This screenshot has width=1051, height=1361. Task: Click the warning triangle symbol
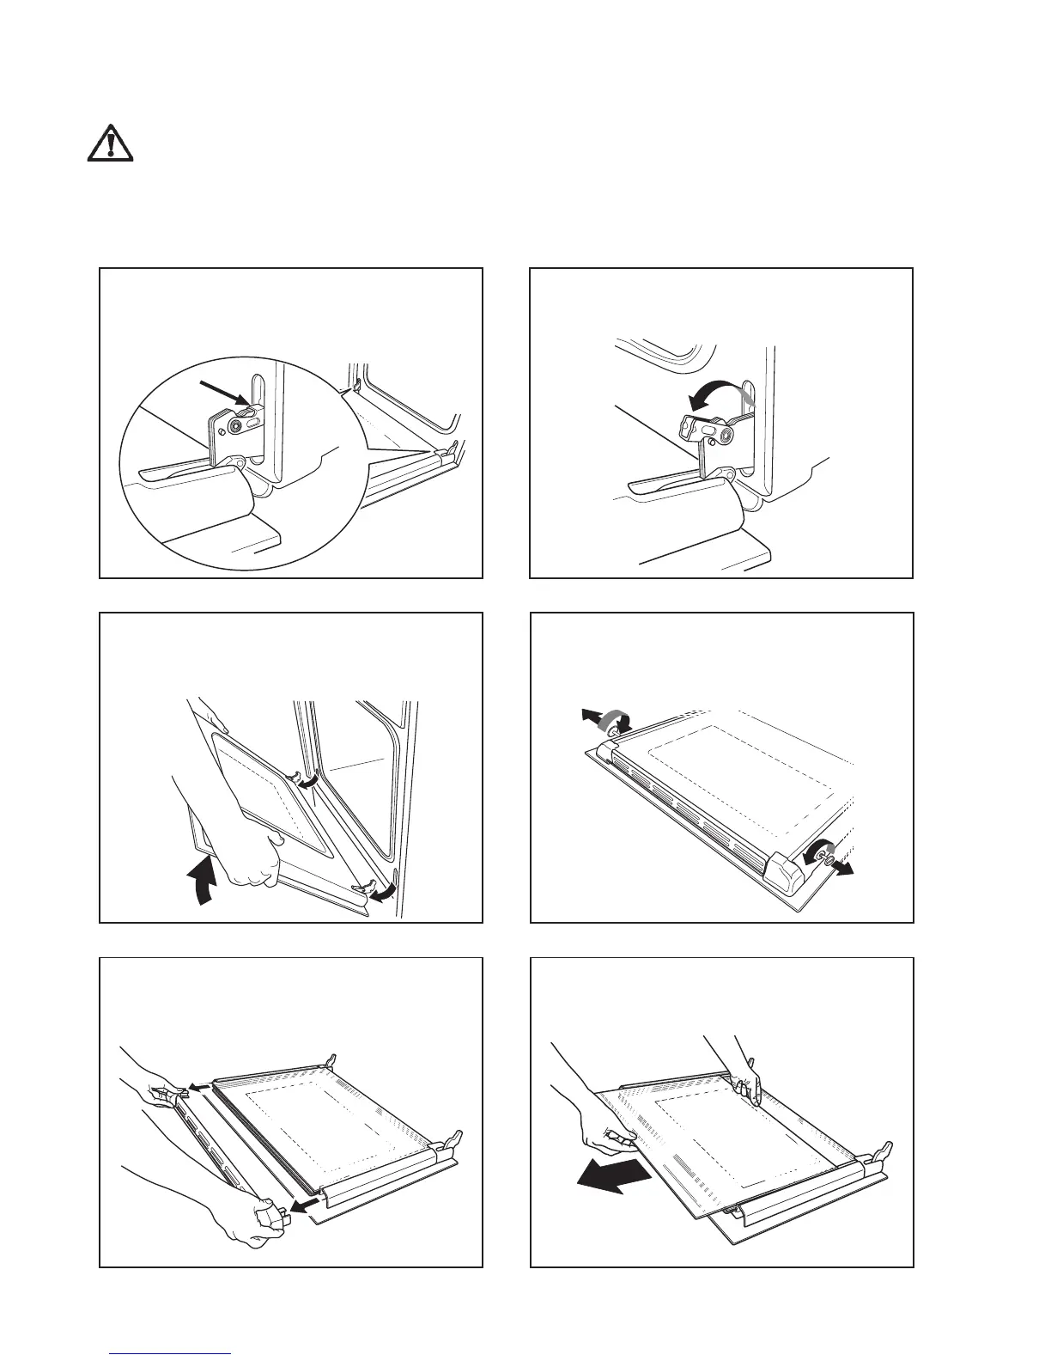pyautogui.click(x=111, y=143)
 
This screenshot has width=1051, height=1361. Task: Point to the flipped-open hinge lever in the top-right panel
pyautogui.click(x=704, y=427)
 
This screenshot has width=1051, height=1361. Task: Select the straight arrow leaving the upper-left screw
pyautogui.click(x=587, y=715)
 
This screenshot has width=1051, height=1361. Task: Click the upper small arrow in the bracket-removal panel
pyautogui.click(x=198, y=1087)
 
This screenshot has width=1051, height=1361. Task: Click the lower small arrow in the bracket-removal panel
pyautogui.click(x=298, y=1207)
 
